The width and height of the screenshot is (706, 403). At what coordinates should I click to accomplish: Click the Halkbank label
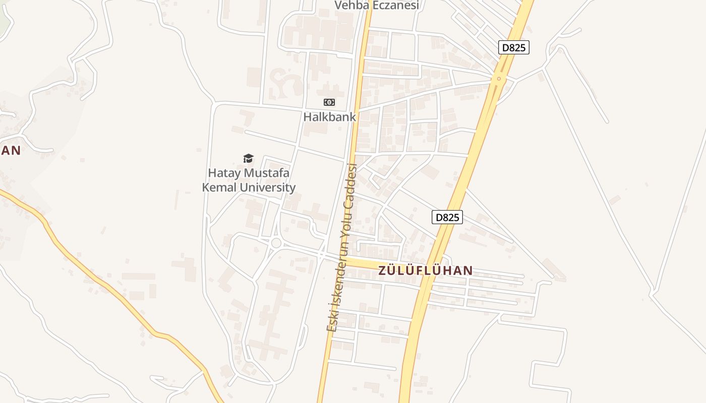tap(329, 117)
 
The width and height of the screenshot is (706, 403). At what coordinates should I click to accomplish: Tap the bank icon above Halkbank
tap(329, 102)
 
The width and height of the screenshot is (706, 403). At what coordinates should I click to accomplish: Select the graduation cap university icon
tap(248, 159)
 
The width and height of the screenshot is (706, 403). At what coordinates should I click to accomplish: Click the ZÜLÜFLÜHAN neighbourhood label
tap(426, 271)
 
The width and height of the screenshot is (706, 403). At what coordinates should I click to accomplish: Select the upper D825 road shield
tap(514, 48)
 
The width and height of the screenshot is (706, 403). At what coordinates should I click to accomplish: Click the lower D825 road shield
tap(447, 217)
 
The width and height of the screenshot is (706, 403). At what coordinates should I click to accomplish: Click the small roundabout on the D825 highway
tap(499, 78)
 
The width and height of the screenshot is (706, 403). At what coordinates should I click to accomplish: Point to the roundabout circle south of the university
tap(276, 243)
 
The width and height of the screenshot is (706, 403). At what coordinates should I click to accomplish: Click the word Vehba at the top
tap(352, 5)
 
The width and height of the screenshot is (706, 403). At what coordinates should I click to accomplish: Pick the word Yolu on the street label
tap(347, 214)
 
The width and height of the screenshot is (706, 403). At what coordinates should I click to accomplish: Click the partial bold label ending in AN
tap(10, 150)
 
